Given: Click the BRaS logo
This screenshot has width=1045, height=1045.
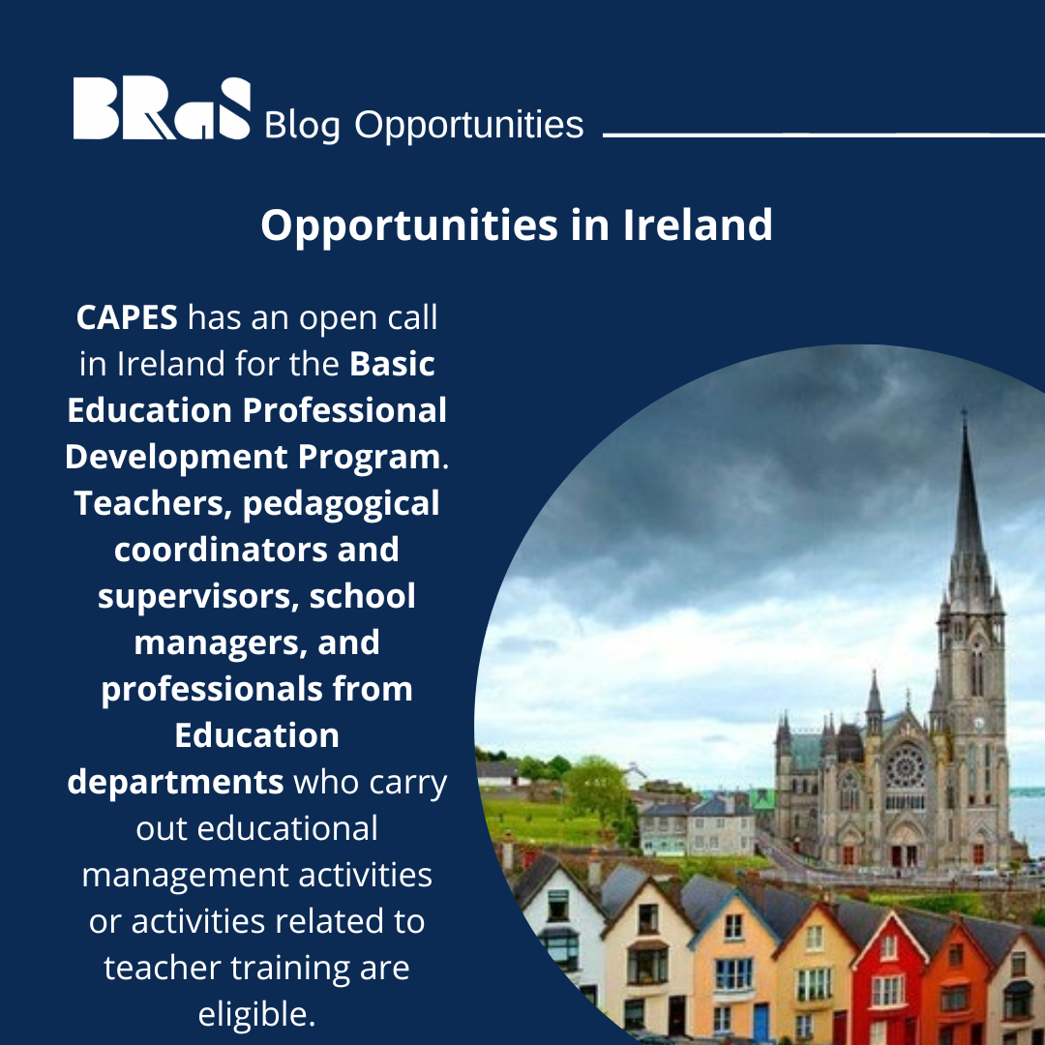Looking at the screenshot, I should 162,108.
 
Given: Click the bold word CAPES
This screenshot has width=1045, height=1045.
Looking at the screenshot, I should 127,316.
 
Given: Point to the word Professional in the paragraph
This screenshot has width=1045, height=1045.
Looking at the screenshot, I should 344,409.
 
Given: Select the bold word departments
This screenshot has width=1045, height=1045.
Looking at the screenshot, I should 175,782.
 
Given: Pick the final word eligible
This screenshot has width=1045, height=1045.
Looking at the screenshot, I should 256,1015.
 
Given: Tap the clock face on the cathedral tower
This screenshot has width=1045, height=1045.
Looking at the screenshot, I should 977,721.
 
